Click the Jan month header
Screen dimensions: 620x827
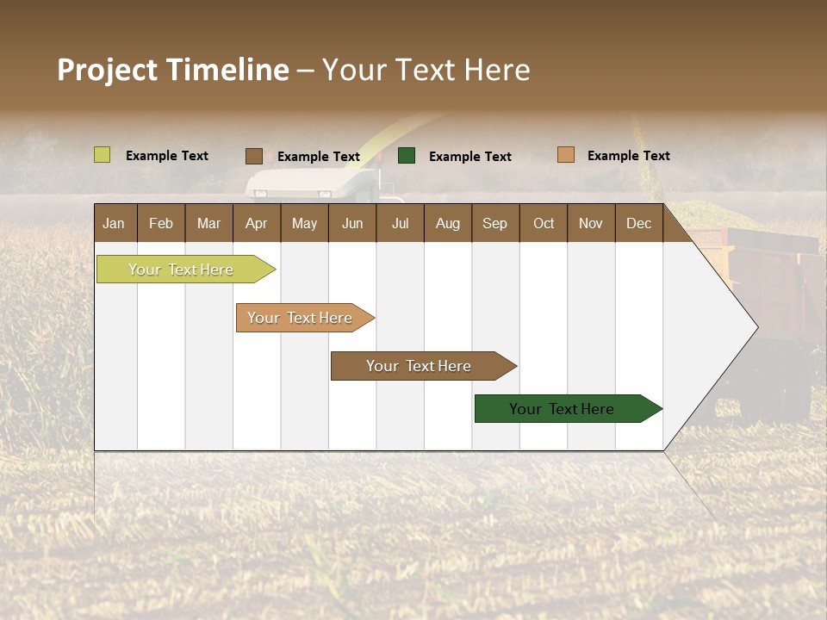pos(115,223)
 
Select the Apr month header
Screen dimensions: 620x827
pos(257,223)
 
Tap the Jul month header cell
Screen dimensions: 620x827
pos(400,223)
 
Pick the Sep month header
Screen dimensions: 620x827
pos(495,223)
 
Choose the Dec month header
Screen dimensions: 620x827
pos(638,223)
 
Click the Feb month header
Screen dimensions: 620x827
pos(161,223)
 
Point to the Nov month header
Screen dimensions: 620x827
pos(591,223)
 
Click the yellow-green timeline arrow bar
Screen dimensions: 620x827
pos(182,270)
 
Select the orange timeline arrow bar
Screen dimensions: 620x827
pos(301,318)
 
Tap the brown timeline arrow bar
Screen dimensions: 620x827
pos(419,366)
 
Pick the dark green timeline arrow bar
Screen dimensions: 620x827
pos(563,409)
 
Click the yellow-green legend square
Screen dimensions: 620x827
pos(103,155)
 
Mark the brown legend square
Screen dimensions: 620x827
pos(254,156)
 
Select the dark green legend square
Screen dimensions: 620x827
pos(407,155)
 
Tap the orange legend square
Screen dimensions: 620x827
pos(565,155)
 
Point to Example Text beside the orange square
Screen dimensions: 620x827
pos(628,156)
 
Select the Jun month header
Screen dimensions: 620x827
pos(352,223)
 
